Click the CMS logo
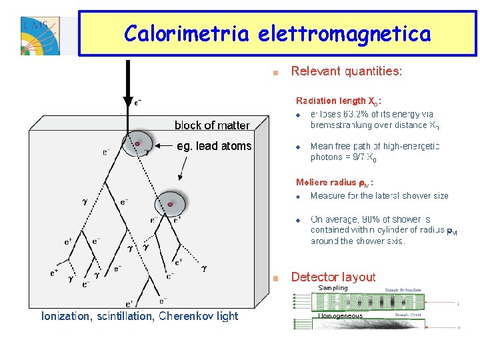41,35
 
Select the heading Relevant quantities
346,71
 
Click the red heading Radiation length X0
338,101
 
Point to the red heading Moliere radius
334,182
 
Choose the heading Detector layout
333,277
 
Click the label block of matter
212,125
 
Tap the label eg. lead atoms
214,147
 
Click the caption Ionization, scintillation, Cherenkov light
139,316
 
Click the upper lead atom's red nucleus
137,143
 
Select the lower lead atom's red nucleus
171,204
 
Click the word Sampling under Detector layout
333,288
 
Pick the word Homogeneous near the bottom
340,316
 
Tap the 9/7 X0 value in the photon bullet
365,159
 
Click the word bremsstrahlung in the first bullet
341,125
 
